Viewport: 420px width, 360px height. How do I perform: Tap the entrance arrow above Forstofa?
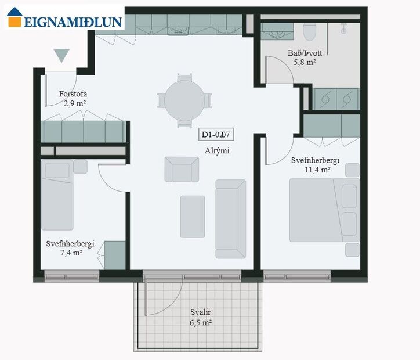click(61, 56)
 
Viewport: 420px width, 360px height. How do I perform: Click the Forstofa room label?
click(74, 94)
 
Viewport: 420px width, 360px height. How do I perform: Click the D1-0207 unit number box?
click(216, 135)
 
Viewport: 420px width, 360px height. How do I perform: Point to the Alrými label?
click(217, 150)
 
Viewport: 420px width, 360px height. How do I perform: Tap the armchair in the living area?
click(182, 169)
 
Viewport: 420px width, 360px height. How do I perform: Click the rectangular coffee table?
click(192, 216)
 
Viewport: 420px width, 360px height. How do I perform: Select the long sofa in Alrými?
click(230, 218)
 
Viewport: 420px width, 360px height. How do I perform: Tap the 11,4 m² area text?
click(317, 170)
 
